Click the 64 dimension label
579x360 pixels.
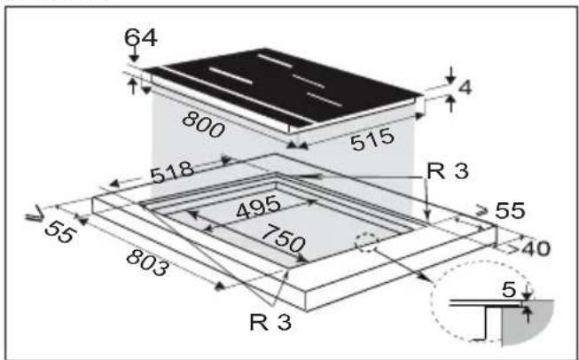141,37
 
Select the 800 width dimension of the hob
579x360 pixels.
203,124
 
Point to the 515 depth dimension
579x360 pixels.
372,139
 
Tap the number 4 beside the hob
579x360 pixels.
465,88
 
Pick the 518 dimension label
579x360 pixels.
172,172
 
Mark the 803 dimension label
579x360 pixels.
148,262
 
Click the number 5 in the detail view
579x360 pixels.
509,290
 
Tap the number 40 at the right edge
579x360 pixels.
536,248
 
